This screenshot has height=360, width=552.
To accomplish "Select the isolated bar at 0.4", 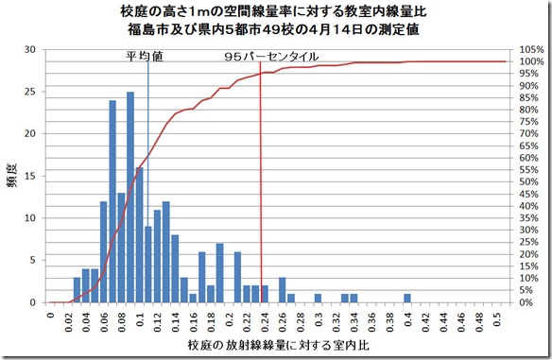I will (x=407, y=298).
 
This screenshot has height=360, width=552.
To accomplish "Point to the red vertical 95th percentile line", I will (x=260, y=189).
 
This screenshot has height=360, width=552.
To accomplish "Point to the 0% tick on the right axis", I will (x=526, y=302).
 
